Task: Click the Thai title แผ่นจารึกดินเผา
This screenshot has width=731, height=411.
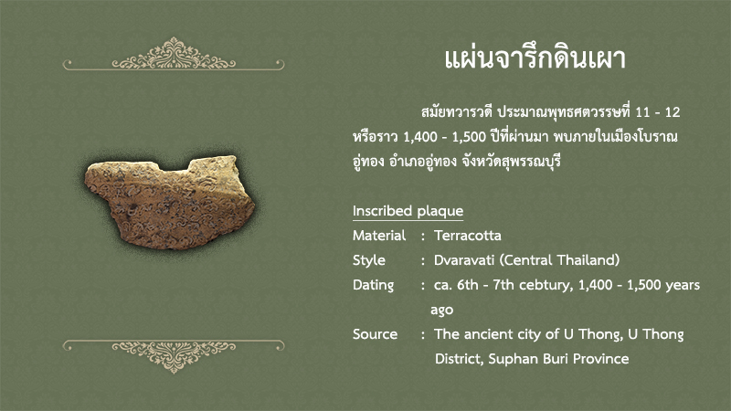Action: tap(535, 58)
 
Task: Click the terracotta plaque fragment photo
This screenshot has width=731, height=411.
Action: tap(170, 201)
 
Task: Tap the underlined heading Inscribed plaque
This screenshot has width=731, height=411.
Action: tap(408, 211)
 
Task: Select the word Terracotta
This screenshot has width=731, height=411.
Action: tap(468, 236)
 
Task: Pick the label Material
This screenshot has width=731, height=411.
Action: tap(379, 236)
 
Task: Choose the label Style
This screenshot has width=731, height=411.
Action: tap(369, 260)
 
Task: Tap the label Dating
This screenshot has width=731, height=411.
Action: tap(373, 285)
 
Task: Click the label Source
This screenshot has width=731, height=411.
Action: tap(375, 334)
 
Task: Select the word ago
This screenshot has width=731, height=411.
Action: tap(441, 311)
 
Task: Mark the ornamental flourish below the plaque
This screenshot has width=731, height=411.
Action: tap(174, 356)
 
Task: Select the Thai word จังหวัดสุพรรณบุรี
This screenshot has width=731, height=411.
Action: tap(511, 162)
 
